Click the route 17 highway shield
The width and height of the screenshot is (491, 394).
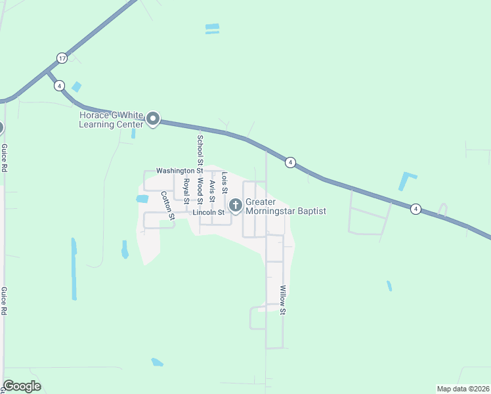[x=61, y=58]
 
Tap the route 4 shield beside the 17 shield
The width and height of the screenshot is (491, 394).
[x=59, y=85]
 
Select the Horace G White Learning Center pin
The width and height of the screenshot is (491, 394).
[x=154, y=119]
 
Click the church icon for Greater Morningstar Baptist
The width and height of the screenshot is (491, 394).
[x=235, y=206]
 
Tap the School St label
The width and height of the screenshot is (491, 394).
[x=200, y=150]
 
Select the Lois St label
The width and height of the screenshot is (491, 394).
[x=224, y=183]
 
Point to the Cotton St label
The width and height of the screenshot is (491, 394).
[x=167, y=205]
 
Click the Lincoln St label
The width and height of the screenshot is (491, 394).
[x=209, y=213]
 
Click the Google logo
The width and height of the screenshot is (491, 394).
[x=22, y=386]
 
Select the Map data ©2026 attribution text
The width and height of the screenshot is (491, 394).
[x=463, y=389]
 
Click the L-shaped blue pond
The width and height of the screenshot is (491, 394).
[x=407, y=180]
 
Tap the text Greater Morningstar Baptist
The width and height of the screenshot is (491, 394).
[x=286, y=207]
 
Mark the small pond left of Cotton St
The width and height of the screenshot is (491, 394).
[x=142, y=198]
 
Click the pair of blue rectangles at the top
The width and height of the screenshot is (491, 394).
[x=212, y=28]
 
